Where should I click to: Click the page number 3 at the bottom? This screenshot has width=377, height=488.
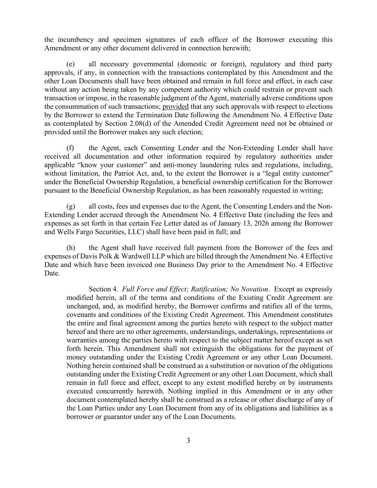(x=188, y=440)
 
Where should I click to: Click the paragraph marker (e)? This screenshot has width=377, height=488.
(x=70, y=64)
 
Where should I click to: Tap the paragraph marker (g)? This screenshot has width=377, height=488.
(x=70, y=206)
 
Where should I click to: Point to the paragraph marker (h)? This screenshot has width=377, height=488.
(x=70, y=248)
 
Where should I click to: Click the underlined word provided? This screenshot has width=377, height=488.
(x=175, y=107)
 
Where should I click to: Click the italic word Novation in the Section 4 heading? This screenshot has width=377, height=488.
(x=254, y=289)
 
